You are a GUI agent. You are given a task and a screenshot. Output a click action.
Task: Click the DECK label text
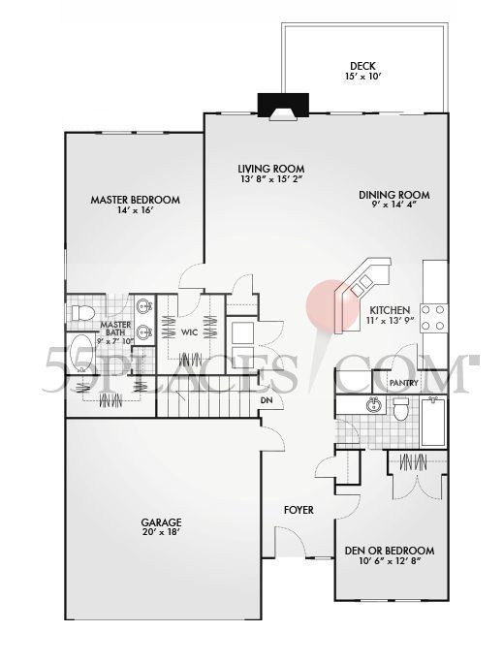[x=362, y=66]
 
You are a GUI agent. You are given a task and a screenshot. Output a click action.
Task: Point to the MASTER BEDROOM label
[x=135, y=201]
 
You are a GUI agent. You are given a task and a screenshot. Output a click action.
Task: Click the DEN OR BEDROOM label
[x=390, y=552]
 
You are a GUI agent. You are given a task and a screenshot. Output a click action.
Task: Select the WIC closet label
[x=190, y=332]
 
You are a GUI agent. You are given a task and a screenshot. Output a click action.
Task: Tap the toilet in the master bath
[x=81, y=313]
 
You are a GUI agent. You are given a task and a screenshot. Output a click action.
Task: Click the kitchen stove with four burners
[x=434, y=318]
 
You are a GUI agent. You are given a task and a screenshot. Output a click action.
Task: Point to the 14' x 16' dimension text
[x=135, y=211]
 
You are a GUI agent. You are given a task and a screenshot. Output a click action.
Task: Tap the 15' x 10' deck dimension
[x=362, y=77]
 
